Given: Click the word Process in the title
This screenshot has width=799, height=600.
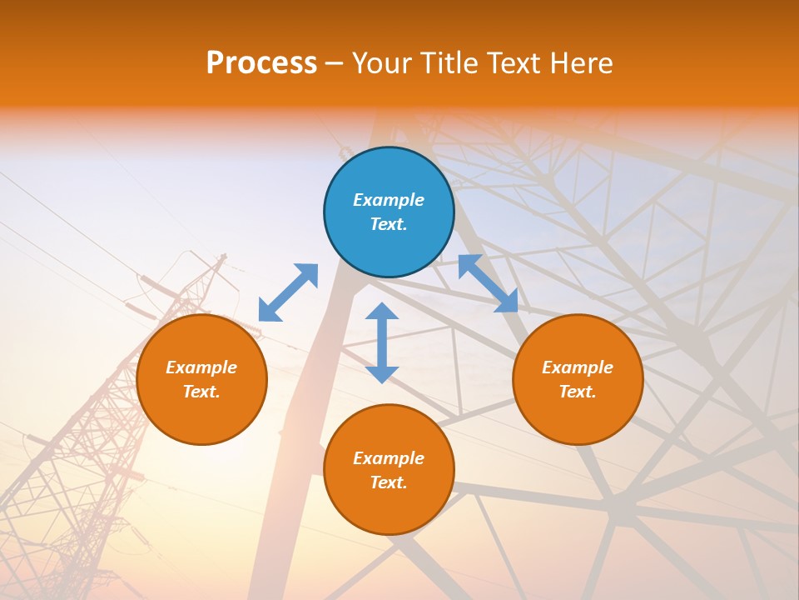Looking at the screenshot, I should click(x=261, y=63).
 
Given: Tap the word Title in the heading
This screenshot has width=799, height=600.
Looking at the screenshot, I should click(x=453, y=63).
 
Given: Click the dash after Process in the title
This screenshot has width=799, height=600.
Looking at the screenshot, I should click(x=335, y=64).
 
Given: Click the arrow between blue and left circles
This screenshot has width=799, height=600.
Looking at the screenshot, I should click(x=288, y=292).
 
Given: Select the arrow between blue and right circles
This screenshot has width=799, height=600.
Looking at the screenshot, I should click(x=488, y=283).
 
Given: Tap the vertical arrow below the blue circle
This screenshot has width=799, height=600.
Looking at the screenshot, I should click(x=382, y=342).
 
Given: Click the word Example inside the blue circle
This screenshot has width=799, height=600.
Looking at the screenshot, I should click(x=389, y=200).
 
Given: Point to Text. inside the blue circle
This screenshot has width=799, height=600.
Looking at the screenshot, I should click(x=389, y=224).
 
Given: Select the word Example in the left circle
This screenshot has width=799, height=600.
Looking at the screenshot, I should click(x=201, y=367).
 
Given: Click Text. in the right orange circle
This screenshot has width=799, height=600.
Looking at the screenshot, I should click(x=578, y=392).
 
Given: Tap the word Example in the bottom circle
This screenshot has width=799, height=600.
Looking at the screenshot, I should click(x=389, y=458).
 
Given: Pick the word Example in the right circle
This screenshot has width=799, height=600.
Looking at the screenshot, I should click(x=578, y=367).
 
